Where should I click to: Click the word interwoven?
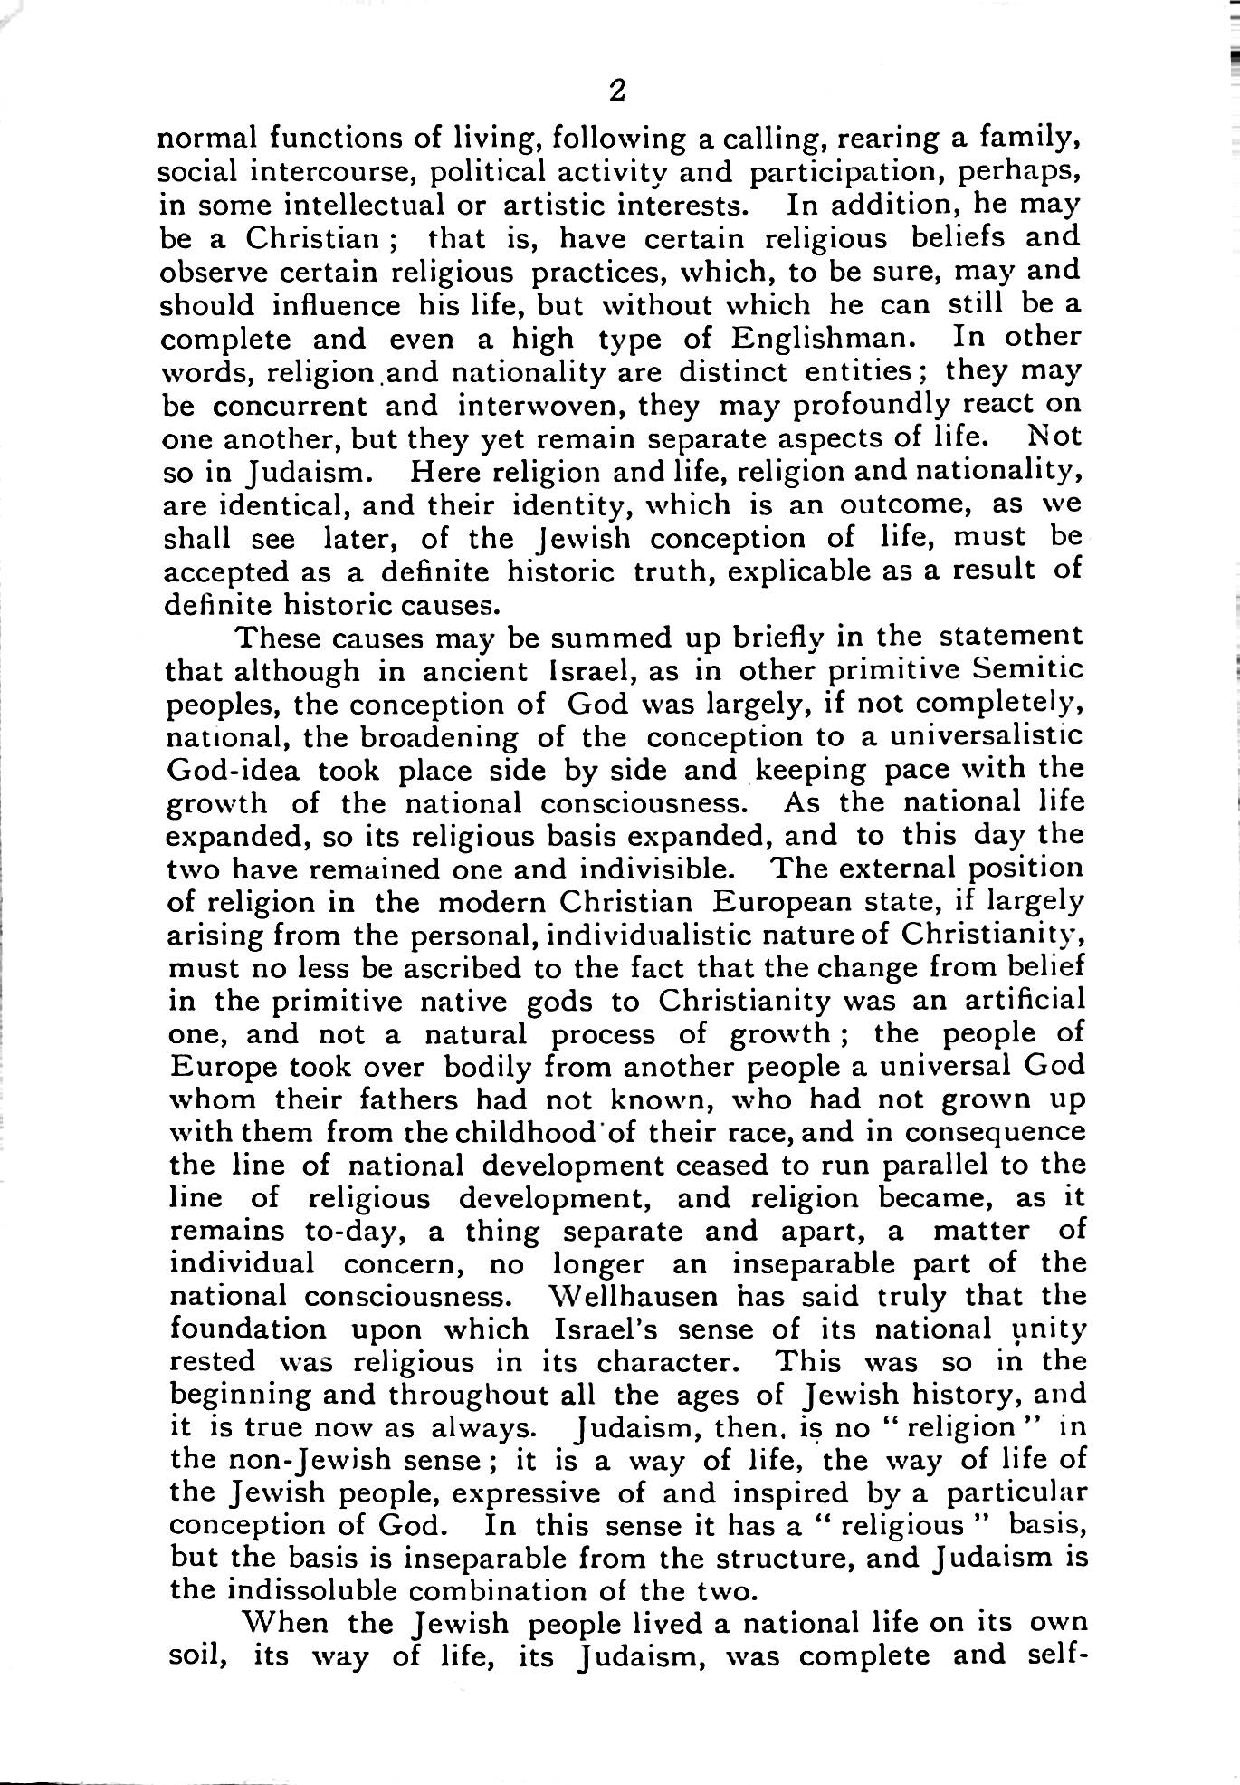coord(540,405)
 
